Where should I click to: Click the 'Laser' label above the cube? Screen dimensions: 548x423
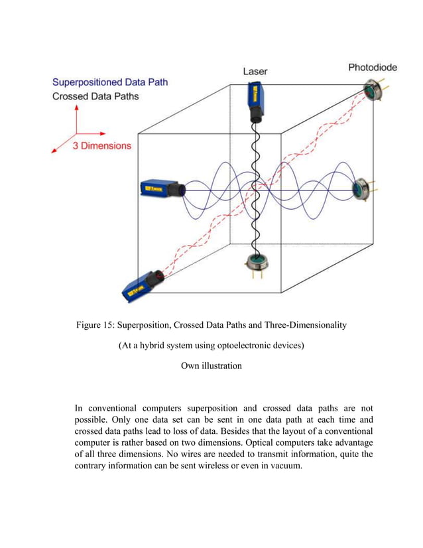pos(255,70)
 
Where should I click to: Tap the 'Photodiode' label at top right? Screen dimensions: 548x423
pos(374,68)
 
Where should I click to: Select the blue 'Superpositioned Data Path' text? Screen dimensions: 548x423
pos(110,82)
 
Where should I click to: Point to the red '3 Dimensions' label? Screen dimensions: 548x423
pos(101,145)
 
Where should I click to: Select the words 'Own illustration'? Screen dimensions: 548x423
pos(211,366)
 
